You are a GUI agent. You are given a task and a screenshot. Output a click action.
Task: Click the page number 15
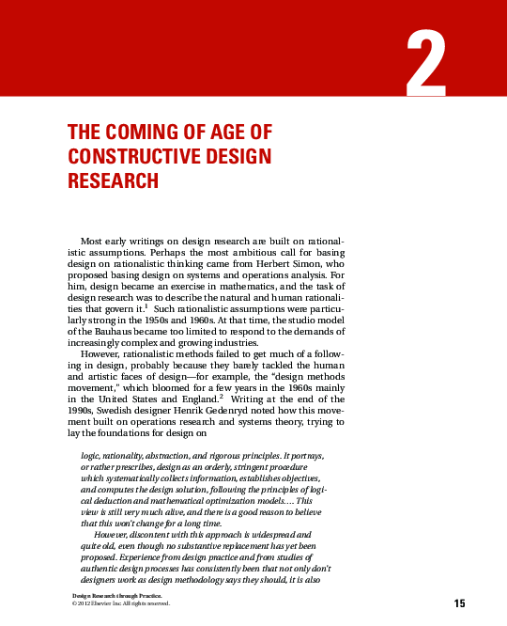[x=459, y=603]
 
